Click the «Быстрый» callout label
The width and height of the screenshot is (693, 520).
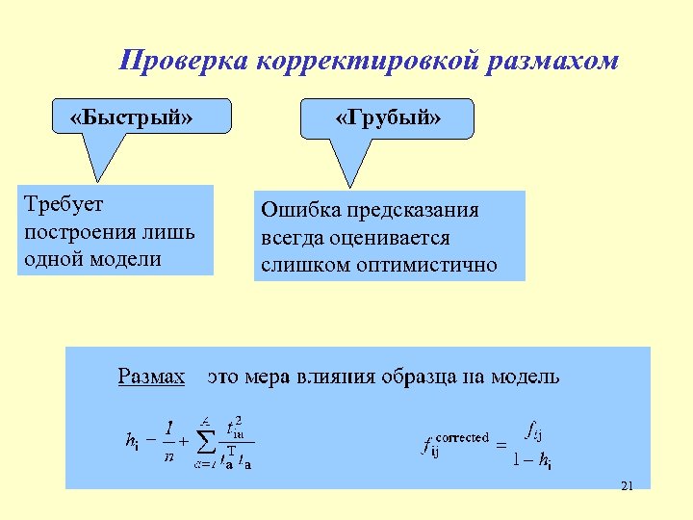coord(132,117)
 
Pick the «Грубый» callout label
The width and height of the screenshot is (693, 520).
coord(388,117)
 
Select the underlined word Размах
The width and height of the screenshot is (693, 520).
coord(151,376)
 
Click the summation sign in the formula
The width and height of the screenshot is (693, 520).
coord(206,440)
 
